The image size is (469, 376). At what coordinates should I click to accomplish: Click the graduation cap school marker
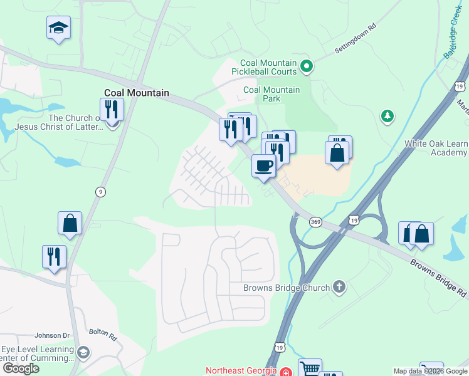58,28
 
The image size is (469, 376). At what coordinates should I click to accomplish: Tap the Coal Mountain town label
137,93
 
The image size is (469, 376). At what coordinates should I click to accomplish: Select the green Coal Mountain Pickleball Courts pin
307,65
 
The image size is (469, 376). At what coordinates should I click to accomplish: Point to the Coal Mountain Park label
271,94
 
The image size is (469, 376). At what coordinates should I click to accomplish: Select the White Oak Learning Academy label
436,148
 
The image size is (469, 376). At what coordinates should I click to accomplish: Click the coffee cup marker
263,166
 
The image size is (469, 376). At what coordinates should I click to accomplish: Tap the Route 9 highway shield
100,192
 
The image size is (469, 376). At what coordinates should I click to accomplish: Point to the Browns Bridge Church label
287,288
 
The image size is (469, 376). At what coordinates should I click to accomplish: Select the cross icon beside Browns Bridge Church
339,288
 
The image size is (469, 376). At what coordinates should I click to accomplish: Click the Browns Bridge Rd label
439,276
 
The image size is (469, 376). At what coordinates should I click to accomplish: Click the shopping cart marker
310,369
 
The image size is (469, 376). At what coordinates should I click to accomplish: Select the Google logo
21,368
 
